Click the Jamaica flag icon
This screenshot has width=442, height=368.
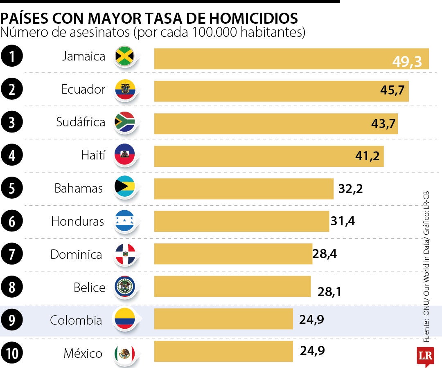pyautogui.click(x=125, y=56)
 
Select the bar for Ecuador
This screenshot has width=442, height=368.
pyautogui.click(x=281, y=91)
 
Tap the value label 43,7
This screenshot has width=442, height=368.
pyautogui.click(x=383, y=123)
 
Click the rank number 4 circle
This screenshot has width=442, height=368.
pyautogui.click(x=12, y=156)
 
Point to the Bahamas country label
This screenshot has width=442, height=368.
pyautogui.click(x=79, y=188)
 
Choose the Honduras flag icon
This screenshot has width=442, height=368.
pyautogui.click(x=125, y=221)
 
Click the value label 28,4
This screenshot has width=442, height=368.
pyautogui.click(x=325, y=254)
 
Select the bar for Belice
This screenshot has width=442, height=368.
pyautogui.click(x=232, y=287)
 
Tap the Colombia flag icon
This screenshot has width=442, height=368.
pyautogui.click(x=125, y=319)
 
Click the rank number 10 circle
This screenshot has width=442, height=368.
pyautogui.click(x=12, y=353)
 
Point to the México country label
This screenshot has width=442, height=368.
pyautogui.click(x=83, y=353)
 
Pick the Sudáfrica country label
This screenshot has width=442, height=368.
pyautogui.click(x=81, y=122)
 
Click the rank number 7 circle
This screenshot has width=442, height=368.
pyautogui.click(x=12, y=254)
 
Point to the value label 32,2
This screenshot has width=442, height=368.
pyautogui.click(x=351, y=188)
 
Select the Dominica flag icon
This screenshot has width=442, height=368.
pyautogui.click(x=125, y=254)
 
